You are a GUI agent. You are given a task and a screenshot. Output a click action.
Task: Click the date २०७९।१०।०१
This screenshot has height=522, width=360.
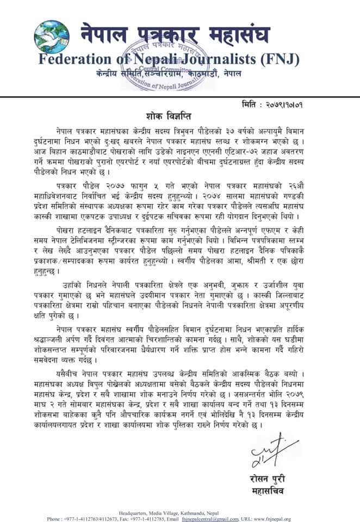[315, 103]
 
